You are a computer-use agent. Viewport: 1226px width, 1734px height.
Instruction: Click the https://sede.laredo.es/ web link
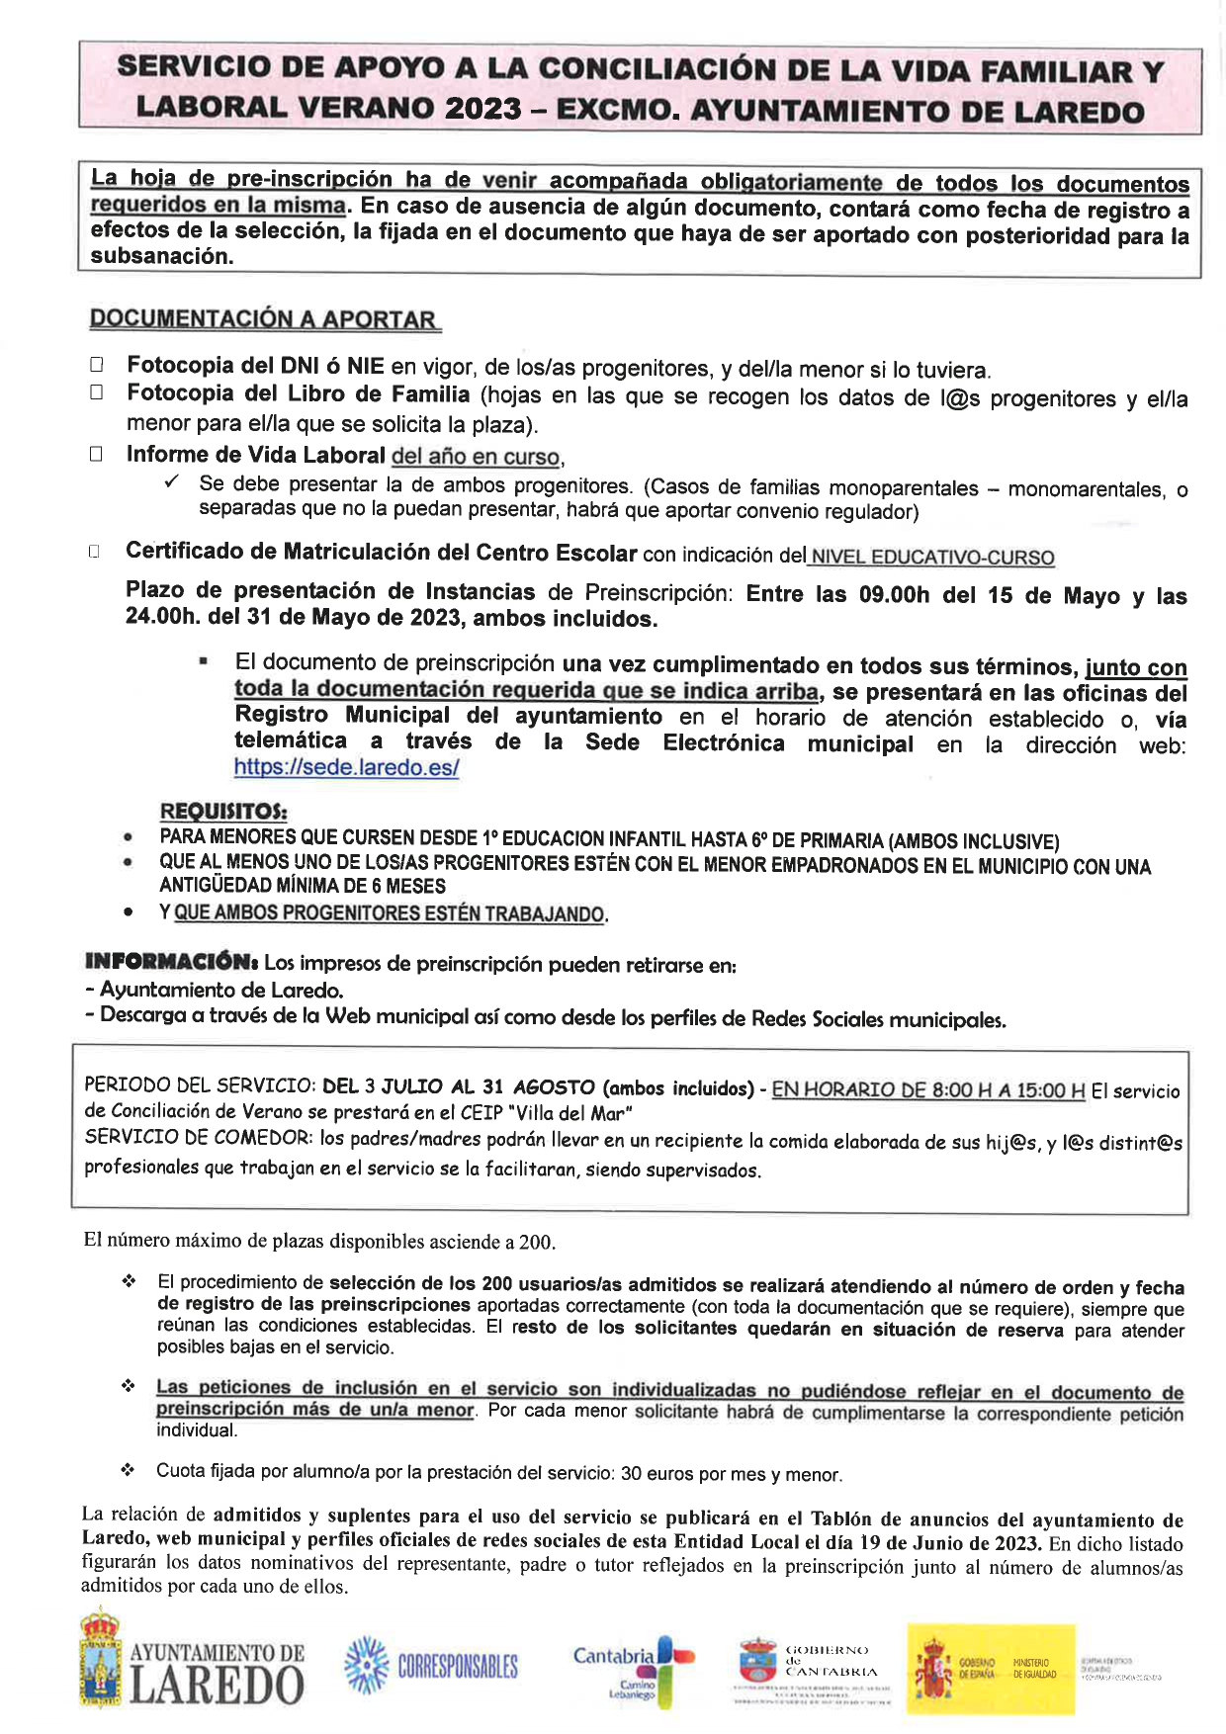pyautogui.click(x=346, y=767)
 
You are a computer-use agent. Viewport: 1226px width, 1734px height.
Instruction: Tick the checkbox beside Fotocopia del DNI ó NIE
pyautogui.click(x=96, y=365)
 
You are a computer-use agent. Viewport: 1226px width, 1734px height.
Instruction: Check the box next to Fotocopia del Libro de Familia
pyautogui.click(x=96, y=392)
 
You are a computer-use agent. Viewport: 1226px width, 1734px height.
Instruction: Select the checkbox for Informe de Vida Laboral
pyautogui.click(x=96, y=455)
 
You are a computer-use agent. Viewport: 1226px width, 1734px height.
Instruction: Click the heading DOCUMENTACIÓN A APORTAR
pyautogui.click(x=264, y=319)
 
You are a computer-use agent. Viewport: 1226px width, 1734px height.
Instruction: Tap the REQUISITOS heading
pyautogui.click(x=223, y=812)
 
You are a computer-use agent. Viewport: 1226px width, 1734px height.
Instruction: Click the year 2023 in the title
pyautogui.click(x=482, y=108)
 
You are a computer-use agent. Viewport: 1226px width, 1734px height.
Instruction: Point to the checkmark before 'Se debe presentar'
pyautogui.click(x=172, y=483)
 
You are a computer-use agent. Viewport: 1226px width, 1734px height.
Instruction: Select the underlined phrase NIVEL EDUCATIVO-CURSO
pyautogui.click(x=932, y=558)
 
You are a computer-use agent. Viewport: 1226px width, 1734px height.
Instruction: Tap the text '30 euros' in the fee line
pyautogui.click(x=657, y=1474)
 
